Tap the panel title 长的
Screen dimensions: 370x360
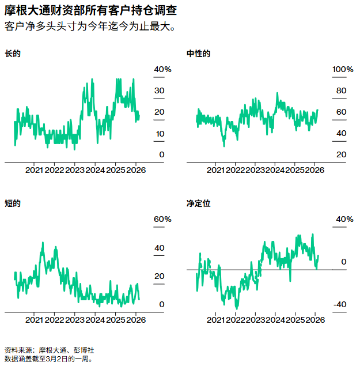point(13,54)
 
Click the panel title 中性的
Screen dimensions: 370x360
point(199,54)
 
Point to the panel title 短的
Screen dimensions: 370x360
point(13,203)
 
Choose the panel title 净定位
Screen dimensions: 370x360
point(199,203)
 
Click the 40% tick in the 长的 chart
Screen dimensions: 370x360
point(162,70)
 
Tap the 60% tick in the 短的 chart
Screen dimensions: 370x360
point(162,220)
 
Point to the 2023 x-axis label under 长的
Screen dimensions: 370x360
point(75,170)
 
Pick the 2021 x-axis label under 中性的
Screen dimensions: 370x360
point(215,170)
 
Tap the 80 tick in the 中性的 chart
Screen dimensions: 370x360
point(341,91)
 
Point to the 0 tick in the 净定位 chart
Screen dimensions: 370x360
point(343,262)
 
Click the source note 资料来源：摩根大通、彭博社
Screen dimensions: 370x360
point(49,350)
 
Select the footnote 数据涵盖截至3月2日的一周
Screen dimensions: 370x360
point(48,358)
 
